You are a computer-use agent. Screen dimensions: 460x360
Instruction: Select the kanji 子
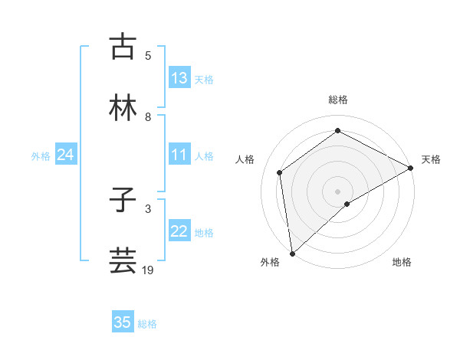click(123, 201)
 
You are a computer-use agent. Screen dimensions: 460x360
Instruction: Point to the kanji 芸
click(123, 260)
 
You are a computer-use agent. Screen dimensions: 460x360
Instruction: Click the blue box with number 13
click(179, 78)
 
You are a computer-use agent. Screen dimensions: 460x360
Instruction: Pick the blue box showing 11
click(179, 155)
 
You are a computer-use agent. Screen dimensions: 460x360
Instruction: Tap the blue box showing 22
click(179, 232)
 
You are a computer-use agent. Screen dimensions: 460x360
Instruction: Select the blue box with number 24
click(65, 155)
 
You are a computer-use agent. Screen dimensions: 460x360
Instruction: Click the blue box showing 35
click(123, 322)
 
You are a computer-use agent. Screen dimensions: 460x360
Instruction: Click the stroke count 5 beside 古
click(149, 56)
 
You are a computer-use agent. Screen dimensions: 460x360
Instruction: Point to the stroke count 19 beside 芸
click(149, 270)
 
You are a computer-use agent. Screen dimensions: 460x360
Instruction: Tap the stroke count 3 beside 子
click(149, 208)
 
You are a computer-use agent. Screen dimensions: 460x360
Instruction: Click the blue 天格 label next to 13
click(203, 80)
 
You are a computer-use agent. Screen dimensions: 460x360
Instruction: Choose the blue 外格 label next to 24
click(41, 156)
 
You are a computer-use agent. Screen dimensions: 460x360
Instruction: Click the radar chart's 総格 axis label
click(338, 100)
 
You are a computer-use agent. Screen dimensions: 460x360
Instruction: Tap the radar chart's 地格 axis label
click(402, 263)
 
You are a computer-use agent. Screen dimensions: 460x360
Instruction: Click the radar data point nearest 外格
click(292, 253)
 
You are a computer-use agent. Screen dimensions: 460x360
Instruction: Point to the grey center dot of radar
click(337, 191)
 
